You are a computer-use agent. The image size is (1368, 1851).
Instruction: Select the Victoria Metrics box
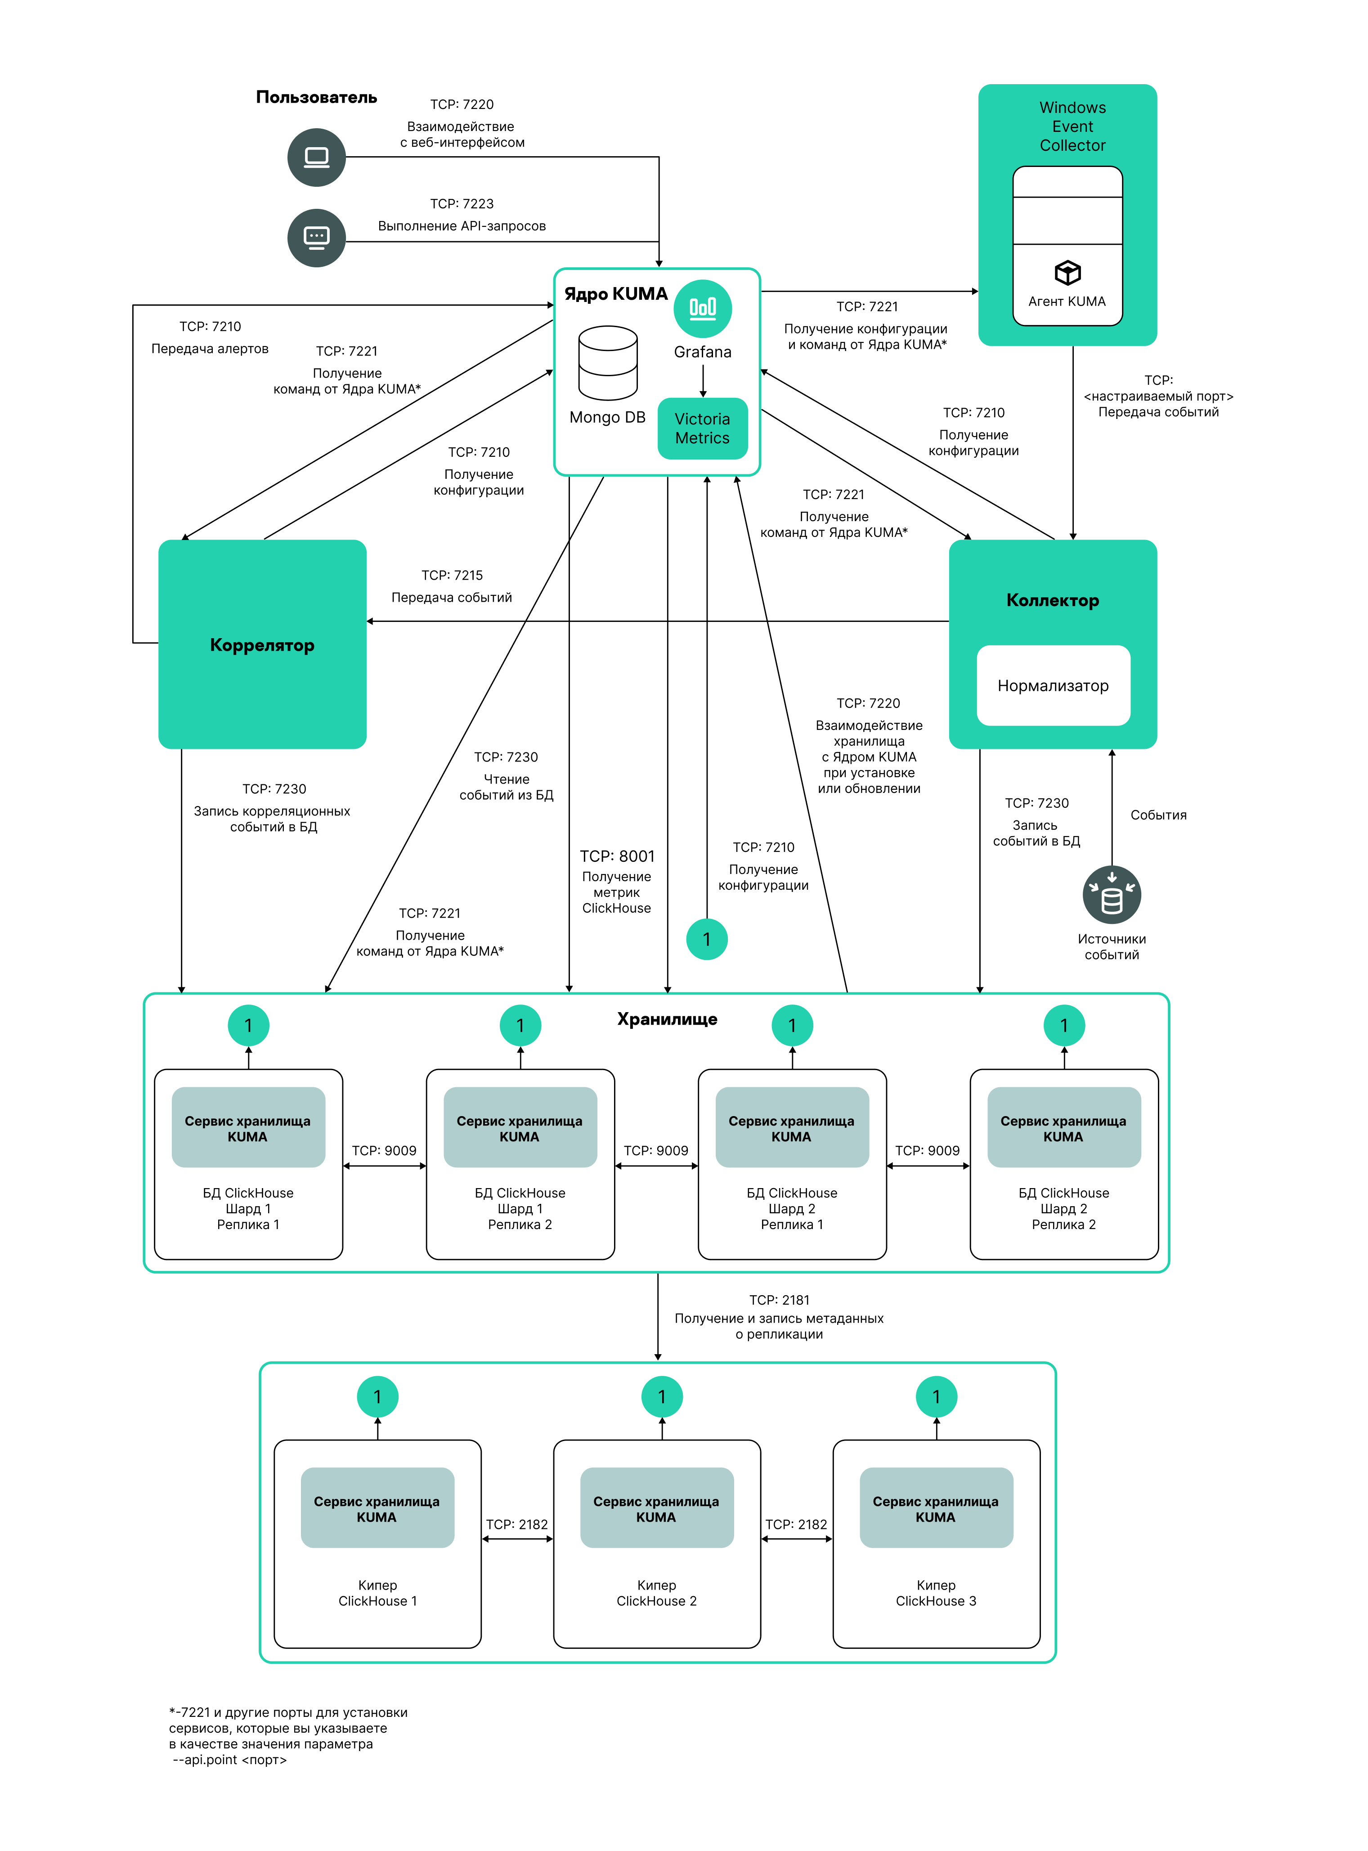click(x=702, y=428)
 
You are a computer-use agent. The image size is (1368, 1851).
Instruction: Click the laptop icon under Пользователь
click(x=316, y=158)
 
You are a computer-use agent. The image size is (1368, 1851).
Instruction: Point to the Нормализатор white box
click(x=1053, y=686)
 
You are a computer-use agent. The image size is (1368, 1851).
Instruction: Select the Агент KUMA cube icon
click(x=1067, y=272)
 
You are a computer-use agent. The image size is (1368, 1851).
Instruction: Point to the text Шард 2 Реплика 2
click(x=1063, y=1216)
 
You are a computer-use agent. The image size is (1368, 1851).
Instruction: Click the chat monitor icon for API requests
click(x=316, y=238)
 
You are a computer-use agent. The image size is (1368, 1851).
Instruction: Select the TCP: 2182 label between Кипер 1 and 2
click(x=517, y=1524)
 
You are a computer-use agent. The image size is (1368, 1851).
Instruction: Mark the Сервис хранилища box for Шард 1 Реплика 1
click(x=247, y=1128)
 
